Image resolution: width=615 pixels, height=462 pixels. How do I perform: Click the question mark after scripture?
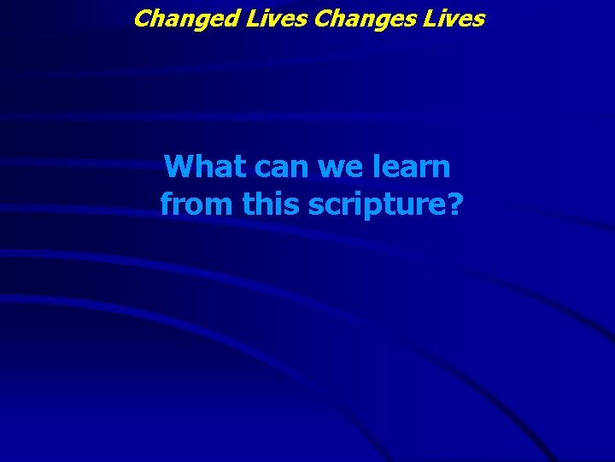click(x=452, y=204)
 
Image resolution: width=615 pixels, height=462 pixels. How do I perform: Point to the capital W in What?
click(x=179, y=167)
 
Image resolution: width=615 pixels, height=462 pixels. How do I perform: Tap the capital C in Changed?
click(x=142, y=17)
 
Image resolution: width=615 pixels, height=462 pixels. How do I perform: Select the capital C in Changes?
click(x=323, y=17)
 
